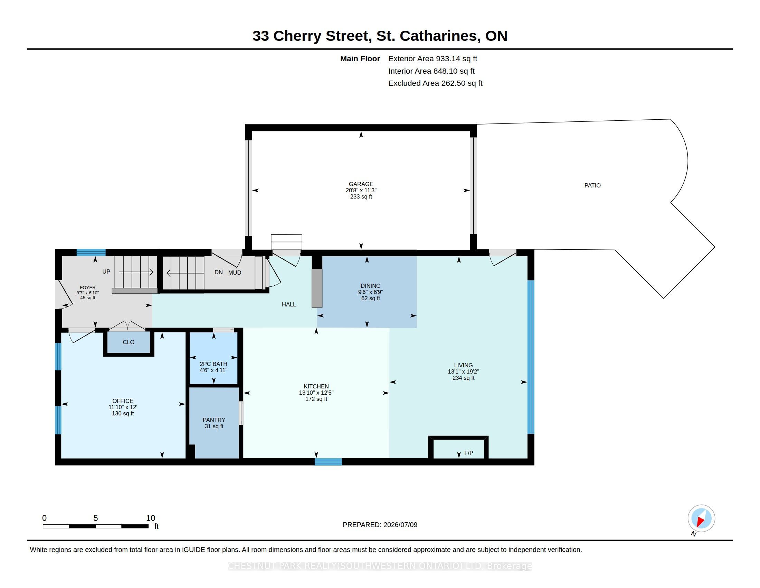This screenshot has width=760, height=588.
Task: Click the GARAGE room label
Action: (361, 184)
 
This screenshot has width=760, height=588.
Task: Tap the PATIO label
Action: (592, 185)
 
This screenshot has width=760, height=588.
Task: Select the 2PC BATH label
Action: (213, 364)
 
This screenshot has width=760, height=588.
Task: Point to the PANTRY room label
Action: (214, 420)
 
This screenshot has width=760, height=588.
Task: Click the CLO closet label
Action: (129, 342)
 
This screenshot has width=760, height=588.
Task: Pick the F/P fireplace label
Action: (469, 453)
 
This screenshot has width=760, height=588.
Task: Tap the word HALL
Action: (289, 304)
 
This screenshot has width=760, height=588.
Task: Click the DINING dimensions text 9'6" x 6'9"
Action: (371, 292)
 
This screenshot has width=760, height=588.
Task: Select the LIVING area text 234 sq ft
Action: (464, 378)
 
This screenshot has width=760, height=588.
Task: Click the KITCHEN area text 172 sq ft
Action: (316, 399)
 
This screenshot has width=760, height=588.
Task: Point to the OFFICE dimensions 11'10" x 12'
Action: (123, 407)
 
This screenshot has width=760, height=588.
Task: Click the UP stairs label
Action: (106, 272)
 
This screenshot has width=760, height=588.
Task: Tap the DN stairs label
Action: (219, 273)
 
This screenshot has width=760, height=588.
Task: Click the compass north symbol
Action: (701, 518)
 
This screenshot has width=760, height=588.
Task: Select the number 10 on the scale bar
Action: (151, 518)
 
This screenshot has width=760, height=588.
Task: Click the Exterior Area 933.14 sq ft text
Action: (433, 58)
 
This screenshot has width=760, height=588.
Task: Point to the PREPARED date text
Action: (380, 525)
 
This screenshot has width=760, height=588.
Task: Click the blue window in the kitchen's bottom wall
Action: (328, 462)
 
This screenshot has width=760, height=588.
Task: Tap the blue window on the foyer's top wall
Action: (91, 252)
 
